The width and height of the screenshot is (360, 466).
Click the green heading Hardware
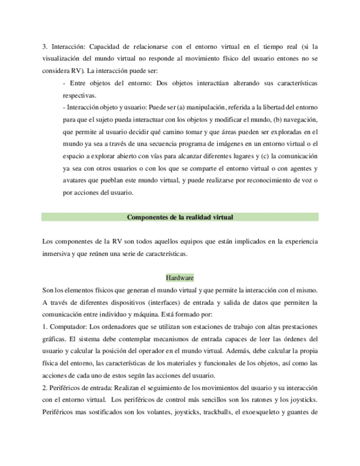[x=180, y=278]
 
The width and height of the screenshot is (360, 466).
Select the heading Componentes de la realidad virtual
[x=180, y=217]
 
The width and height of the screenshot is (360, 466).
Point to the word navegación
[x=299, y=119]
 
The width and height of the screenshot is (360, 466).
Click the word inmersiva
[x=59, y=253]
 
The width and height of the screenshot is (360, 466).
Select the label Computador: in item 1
[x=68, y=326]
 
